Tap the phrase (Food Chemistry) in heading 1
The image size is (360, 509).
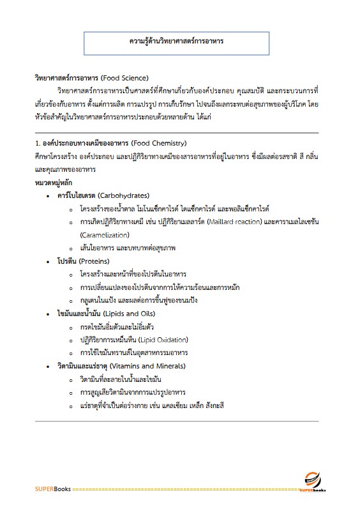click(158, 142)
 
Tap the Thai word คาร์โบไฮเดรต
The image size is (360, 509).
click(76, 195)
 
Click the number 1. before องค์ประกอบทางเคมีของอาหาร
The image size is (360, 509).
click(37, 142)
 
